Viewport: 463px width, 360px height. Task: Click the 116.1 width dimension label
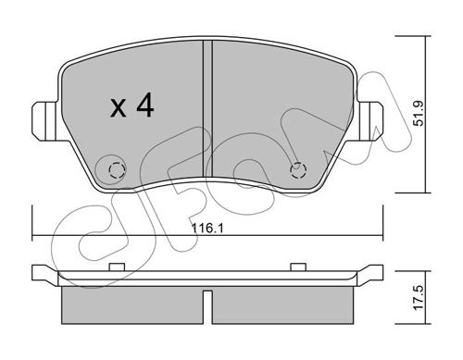click(207, 229)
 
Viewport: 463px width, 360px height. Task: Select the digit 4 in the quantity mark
click(145, 106)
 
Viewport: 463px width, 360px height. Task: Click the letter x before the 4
click(118, 108)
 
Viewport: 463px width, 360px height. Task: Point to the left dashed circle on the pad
click(118, 170)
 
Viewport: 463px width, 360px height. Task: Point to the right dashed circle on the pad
click(298, 170)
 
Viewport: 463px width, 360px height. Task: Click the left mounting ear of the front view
click(45, 121)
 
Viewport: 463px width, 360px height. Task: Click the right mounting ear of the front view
click(370, 121)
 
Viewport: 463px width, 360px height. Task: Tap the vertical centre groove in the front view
click(207, 109)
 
